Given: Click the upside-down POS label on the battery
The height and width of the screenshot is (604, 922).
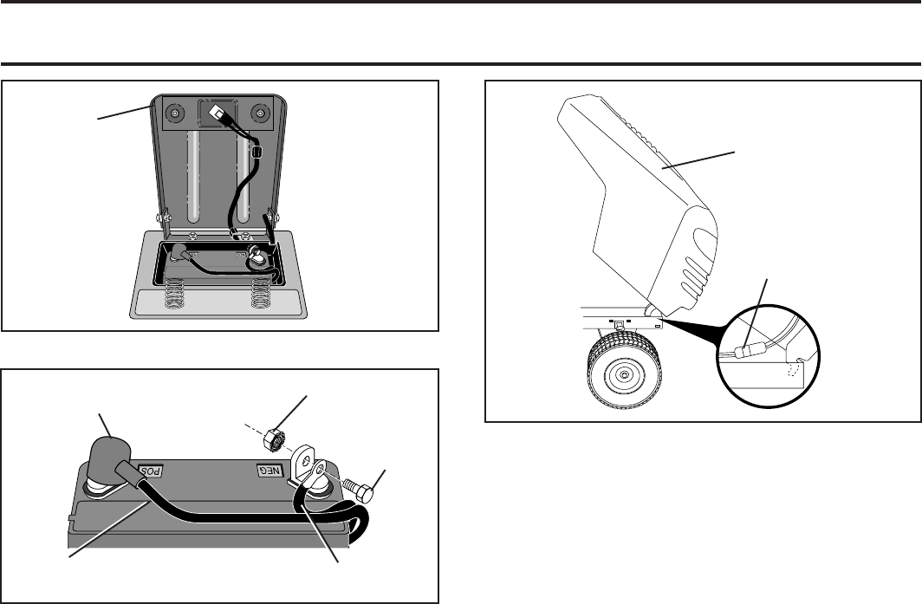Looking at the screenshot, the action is tap(150, 471).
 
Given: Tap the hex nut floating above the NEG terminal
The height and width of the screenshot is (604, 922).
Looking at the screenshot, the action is tap(274, 440).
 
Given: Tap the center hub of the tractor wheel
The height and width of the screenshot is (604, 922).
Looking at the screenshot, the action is tap(624, 373).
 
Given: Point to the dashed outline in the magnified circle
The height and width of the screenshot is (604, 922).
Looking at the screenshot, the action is tap(794, 370).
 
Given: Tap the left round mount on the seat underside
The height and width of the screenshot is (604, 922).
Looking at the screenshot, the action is tap(175, 113).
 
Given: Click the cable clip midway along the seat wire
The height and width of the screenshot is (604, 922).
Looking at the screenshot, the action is tap(256, 153).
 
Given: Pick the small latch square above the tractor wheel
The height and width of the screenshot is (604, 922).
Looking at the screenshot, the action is tap(619, 324).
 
